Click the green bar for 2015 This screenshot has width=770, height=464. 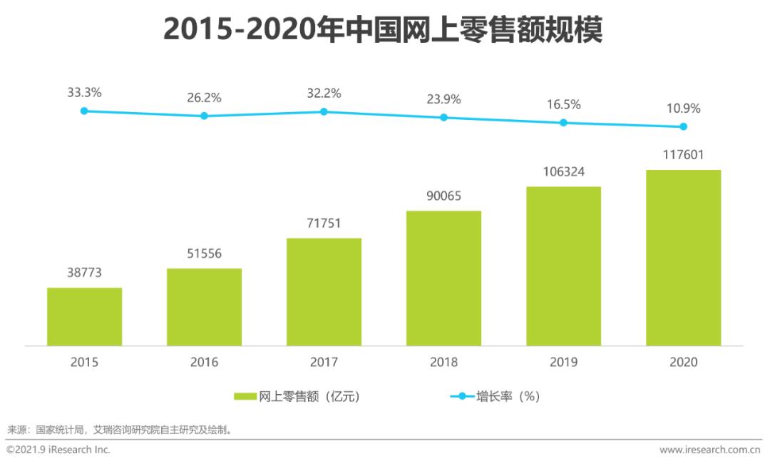coord(84,317)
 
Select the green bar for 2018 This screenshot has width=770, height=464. coord(443,278)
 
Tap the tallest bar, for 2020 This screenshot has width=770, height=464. coord(683,258)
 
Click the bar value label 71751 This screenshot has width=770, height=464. coord(324,223)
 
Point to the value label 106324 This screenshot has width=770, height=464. coord(563,172)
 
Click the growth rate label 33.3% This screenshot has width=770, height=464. coord(84,92)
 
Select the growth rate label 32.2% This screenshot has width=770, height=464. coord(324,93)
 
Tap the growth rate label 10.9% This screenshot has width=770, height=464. coord(683,109)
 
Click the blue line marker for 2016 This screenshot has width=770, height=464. coord(204,116)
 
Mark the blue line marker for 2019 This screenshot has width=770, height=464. coord(563,123)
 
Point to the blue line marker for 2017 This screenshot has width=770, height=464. coord(324,111)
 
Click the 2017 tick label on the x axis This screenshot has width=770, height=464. coord(324,362)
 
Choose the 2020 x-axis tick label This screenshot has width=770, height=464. coord(683,362)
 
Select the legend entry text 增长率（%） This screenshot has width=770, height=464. coord(507,397)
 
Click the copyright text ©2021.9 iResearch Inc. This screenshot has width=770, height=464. coord(58,450)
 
